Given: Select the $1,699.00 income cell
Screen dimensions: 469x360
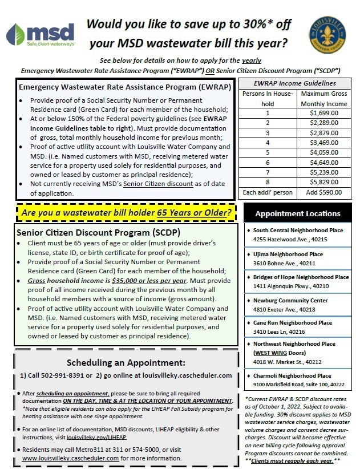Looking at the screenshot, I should click(x=324, y=114).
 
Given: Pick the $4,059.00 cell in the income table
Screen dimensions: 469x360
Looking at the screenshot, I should click(x=324, y=152).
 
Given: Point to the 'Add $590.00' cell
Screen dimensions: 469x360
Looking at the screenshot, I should click(x=324, y=192).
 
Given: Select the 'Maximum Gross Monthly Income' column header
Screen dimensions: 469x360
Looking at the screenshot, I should click(x=324, y=98).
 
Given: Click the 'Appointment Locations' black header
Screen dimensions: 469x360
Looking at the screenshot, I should click(x=297, y=213).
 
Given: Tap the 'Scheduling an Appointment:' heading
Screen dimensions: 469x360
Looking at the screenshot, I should click(x=126, y=363).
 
